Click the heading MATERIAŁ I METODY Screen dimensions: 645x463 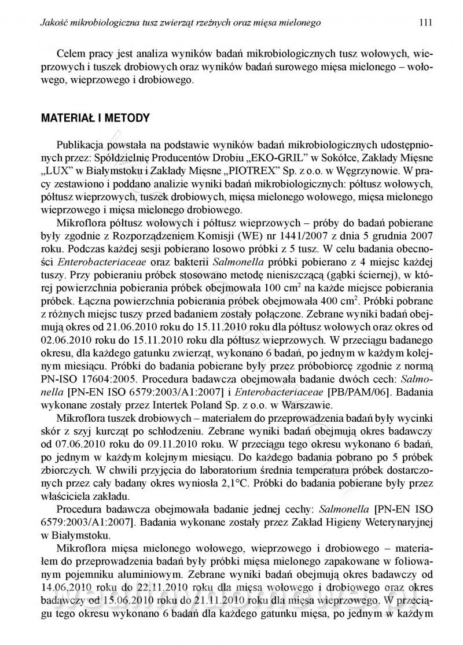point(95,119)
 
